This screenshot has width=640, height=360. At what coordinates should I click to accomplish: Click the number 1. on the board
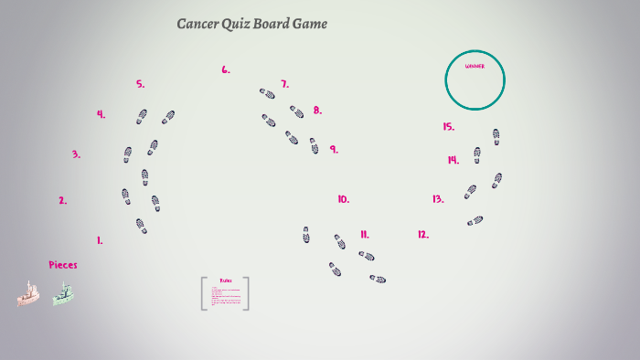click(x=100, y=241)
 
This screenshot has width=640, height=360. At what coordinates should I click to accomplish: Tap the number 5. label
click(x=141, y=84)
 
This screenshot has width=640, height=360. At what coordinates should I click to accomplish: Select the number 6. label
click(x=226, y=69)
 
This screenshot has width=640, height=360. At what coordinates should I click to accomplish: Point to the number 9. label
click(x=334, y=149)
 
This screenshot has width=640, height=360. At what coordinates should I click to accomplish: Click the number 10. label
click(x=343, y=199)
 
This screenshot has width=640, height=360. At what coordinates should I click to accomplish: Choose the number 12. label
click(x=423, y=235)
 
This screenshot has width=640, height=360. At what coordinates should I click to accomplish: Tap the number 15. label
click(x=448, y=127)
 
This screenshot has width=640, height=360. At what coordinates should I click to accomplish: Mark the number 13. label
click(x=438, y=199)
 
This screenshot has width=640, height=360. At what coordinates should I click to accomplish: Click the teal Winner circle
click(x=475, y=79)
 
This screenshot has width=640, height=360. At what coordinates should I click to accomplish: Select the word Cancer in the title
click(x=197, y=24)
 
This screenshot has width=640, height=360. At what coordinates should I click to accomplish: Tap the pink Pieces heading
click(x=63, y=265)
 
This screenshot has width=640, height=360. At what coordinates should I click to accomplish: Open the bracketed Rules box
click(x=225, y=293)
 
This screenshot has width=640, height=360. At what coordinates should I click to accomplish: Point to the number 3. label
click(x=76, y=155)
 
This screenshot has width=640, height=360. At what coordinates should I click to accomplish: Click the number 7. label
click(x=284, y=84)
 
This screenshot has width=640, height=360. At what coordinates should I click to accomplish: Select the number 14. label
click(x=453, y=160)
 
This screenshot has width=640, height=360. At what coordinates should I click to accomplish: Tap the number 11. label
click(x=364, y=235)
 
